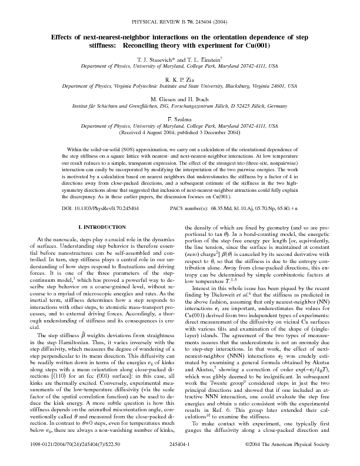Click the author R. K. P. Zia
click(x=179, y=78)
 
